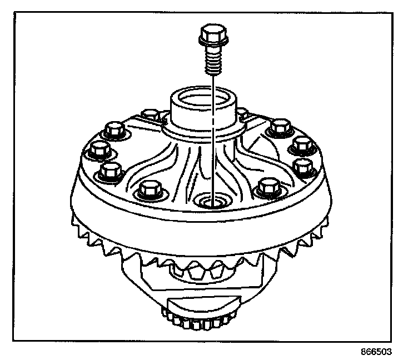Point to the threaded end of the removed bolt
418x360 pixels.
pos(211,63)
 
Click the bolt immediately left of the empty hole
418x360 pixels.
pos(150,188)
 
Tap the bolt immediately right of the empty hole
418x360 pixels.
pos(269,187)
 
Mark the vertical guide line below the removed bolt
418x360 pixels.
pos(212,139)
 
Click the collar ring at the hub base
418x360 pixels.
pos(205,131)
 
